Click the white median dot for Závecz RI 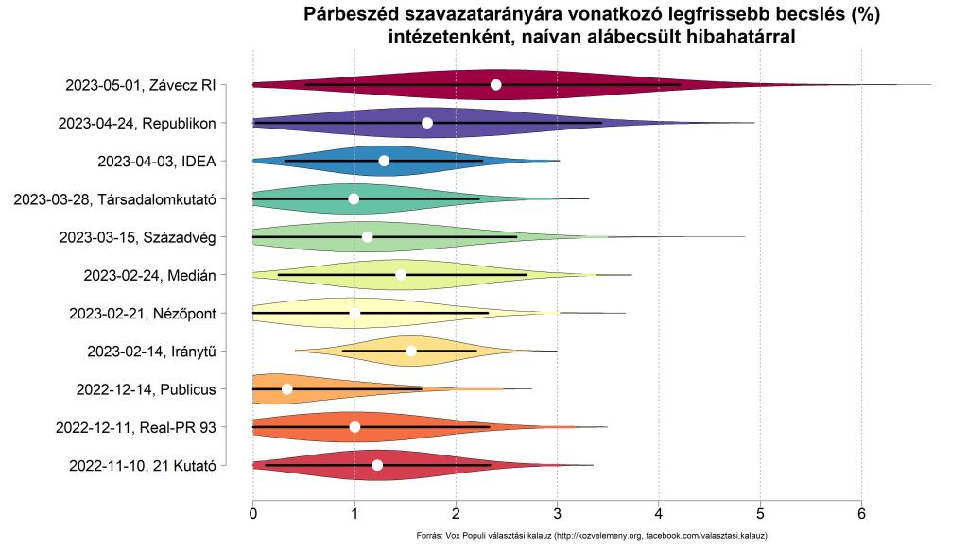click(x=496, y=85)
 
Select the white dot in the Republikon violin click(x=427, y=123)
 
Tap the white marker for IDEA click(x=384, y=161)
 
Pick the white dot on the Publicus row click(x=287, y=388)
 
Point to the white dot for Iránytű click(x=411, y=351)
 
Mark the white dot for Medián click(x=401, y=275)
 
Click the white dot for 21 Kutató click(x=377, y=465)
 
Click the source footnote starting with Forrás click(x=591, y=536)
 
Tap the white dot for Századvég click(x=368, y=236)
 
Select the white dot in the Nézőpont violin click(x=354, y=313)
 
